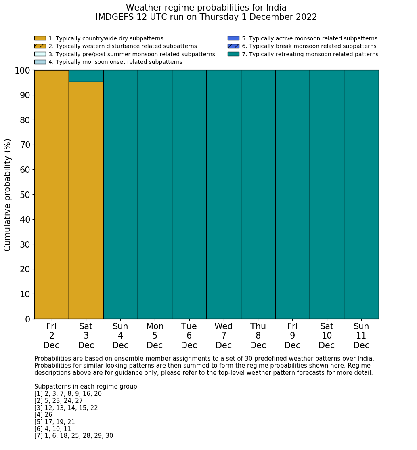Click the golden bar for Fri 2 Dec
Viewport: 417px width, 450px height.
click(x=51, y=194)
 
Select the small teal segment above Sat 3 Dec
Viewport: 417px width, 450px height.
click(x=86, y=76)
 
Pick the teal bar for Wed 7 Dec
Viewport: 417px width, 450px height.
click(x=224, y=194)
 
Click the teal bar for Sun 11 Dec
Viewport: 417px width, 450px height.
click(x=361, y=194)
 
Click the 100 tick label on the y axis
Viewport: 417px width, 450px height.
click(x=23, y=70)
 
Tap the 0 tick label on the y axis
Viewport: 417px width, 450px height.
click(x=27, y=319)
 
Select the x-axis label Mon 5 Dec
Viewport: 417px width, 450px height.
click(x=155, y=336)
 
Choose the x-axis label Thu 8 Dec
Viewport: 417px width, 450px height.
click(x=258, y=336)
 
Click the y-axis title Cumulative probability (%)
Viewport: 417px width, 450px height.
click(x=8, y=195)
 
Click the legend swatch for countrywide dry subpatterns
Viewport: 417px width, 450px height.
click(x=40, y=38)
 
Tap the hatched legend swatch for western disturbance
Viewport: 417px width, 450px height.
click(x=40, y=46)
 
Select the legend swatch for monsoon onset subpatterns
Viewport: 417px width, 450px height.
click(x=40, y=62)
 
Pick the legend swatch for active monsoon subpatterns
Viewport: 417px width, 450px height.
click(x=233, y=38)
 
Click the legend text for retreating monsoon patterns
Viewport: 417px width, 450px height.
click(x=310, y=54)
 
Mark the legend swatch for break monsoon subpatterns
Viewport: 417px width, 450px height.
click(x=233, y=46)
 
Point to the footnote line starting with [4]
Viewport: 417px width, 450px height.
click(x=43, y=415)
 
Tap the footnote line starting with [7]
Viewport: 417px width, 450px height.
click(x=73, y=436)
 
